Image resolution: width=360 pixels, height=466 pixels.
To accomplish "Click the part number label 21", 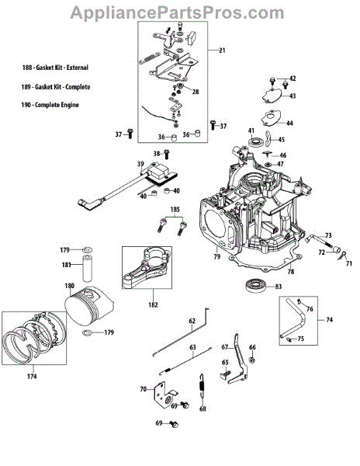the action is tap(222, 50).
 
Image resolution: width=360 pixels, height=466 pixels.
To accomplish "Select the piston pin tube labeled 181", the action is tap(87, 268).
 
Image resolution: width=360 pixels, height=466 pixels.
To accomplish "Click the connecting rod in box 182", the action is tap(147, 268).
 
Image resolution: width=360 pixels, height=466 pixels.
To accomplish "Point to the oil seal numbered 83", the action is tap(254, 285).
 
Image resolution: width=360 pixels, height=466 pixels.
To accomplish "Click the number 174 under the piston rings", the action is tap(32, 377).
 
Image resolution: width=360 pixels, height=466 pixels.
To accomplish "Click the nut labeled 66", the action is tap(252, 360).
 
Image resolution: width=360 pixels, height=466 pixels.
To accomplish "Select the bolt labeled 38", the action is tap(167, 155).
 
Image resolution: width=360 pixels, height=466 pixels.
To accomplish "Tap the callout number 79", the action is tap(217, 256).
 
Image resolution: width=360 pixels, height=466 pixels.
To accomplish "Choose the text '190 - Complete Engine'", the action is tap(50, 105).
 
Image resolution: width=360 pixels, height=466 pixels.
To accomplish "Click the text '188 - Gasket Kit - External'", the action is tap(55, 68).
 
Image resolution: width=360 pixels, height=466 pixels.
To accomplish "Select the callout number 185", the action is tap(175, 210).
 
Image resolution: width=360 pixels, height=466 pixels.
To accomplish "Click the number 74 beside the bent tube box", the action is tap(329, 320).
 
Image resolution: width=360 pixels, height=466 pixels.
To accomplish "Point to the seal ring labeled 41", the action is tap(256, 141).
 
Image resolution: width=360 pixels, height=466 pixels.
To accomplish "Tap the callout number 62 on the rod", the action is tap(192, 321).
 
